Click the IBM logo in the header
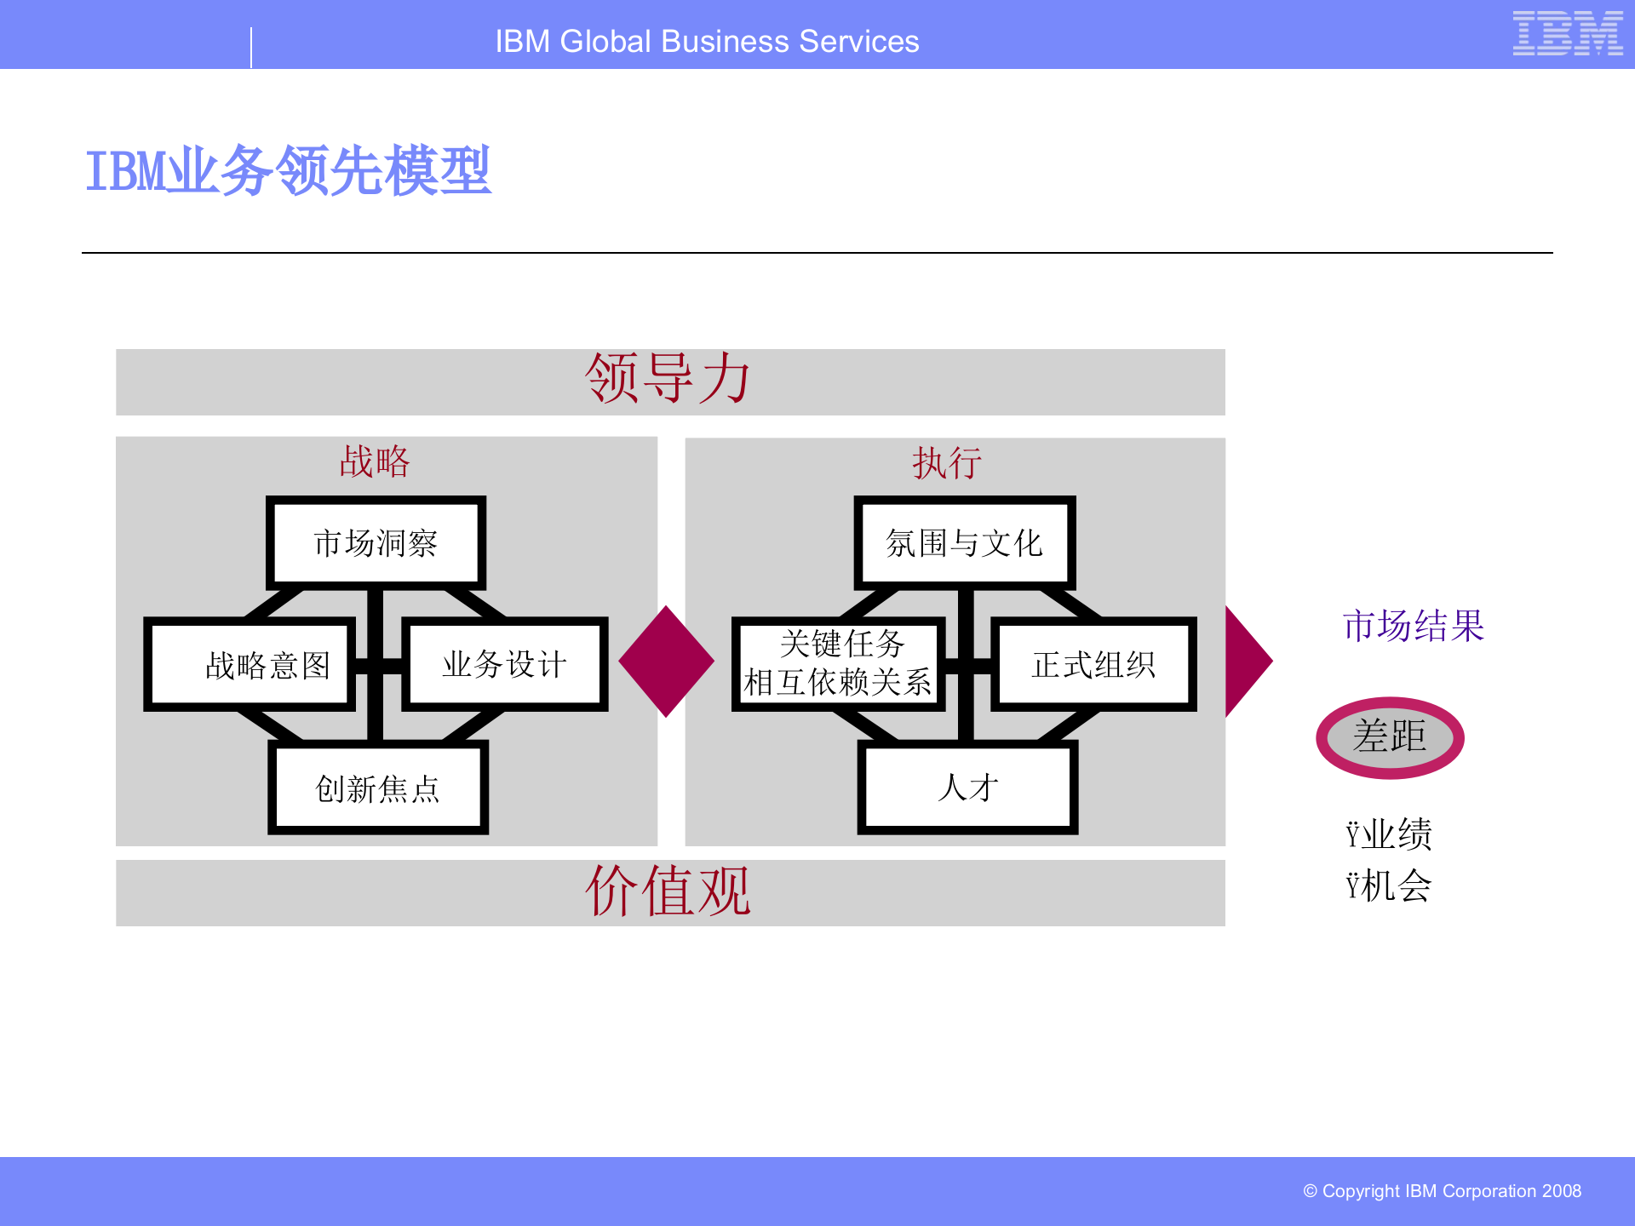pyautogui.click(x=1567, y=34)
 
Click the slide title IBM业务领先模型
pyautogui.click(x=288, y=170)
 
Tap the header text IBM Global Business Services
pyautogui.click(x=707, y=42)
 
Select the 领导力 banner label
pyautogui.click(x=668, y=380)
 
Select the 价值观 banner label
pyautogui.click(x=668, y=891)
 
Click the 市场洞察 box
pyautogui.click(x=376, y=543)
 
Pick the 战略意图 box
pyautogui.click(x=250, y=664)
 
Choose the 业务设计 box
pyautogui.click(x=504, y=664)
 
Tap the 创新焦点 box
pyautogui.click(x=377, y=788)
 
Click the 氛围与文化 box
pyautogui.click(x=964, y=543)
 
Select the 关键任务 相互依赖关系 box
pyautogui.click(x=838, y=663)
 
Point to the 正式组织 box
pyautogui.click(x=1093, y=664)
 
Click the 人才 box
pyautogui.click(x=967, y=787)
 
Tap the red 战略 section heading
pyautogui.click(x=375, y=462)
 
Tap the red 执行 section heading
pyautogui.click(x=947, y=464)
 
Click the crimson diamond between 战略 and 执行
pyautogui.click(x=666, y=662)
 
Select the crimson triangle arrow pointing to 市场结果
pyautogui.click(x=1245, y=662)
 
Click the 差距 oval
pyautogui.click(x=1390, y=737)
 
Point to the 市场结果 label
pyautogui.click(x=1414, y=626)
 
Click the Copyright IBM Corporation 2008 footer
pyautogui.click(x=1442, y=1191)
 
